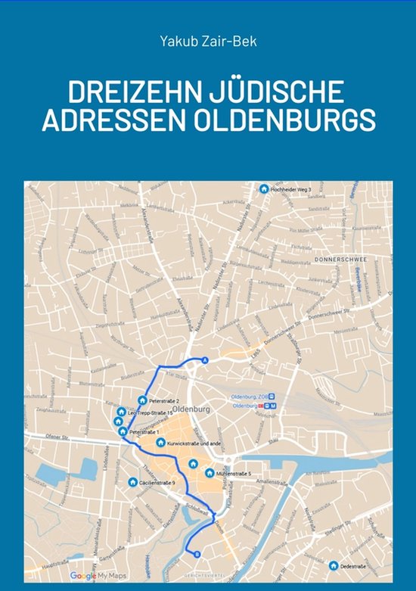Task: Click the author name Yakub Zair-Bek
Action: [207, 41]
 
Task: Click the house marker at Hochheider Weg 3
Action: [264, 189]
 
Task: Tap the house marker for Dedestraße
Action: [334, 565]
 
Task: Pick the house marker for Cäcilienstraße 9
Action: [132, 481]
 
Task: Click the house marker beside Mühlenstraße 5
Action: [210, 473]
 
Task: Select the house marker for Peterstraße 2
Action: [142, 400]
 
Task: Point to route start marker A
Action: [204, 361]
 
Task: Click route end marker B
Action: [197, 554]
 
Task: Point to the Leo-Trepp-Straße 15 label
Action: [156, 412]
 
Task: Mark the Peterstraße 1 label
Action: [144, 431]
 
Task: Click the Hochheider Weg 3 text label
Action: [290, 189]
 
